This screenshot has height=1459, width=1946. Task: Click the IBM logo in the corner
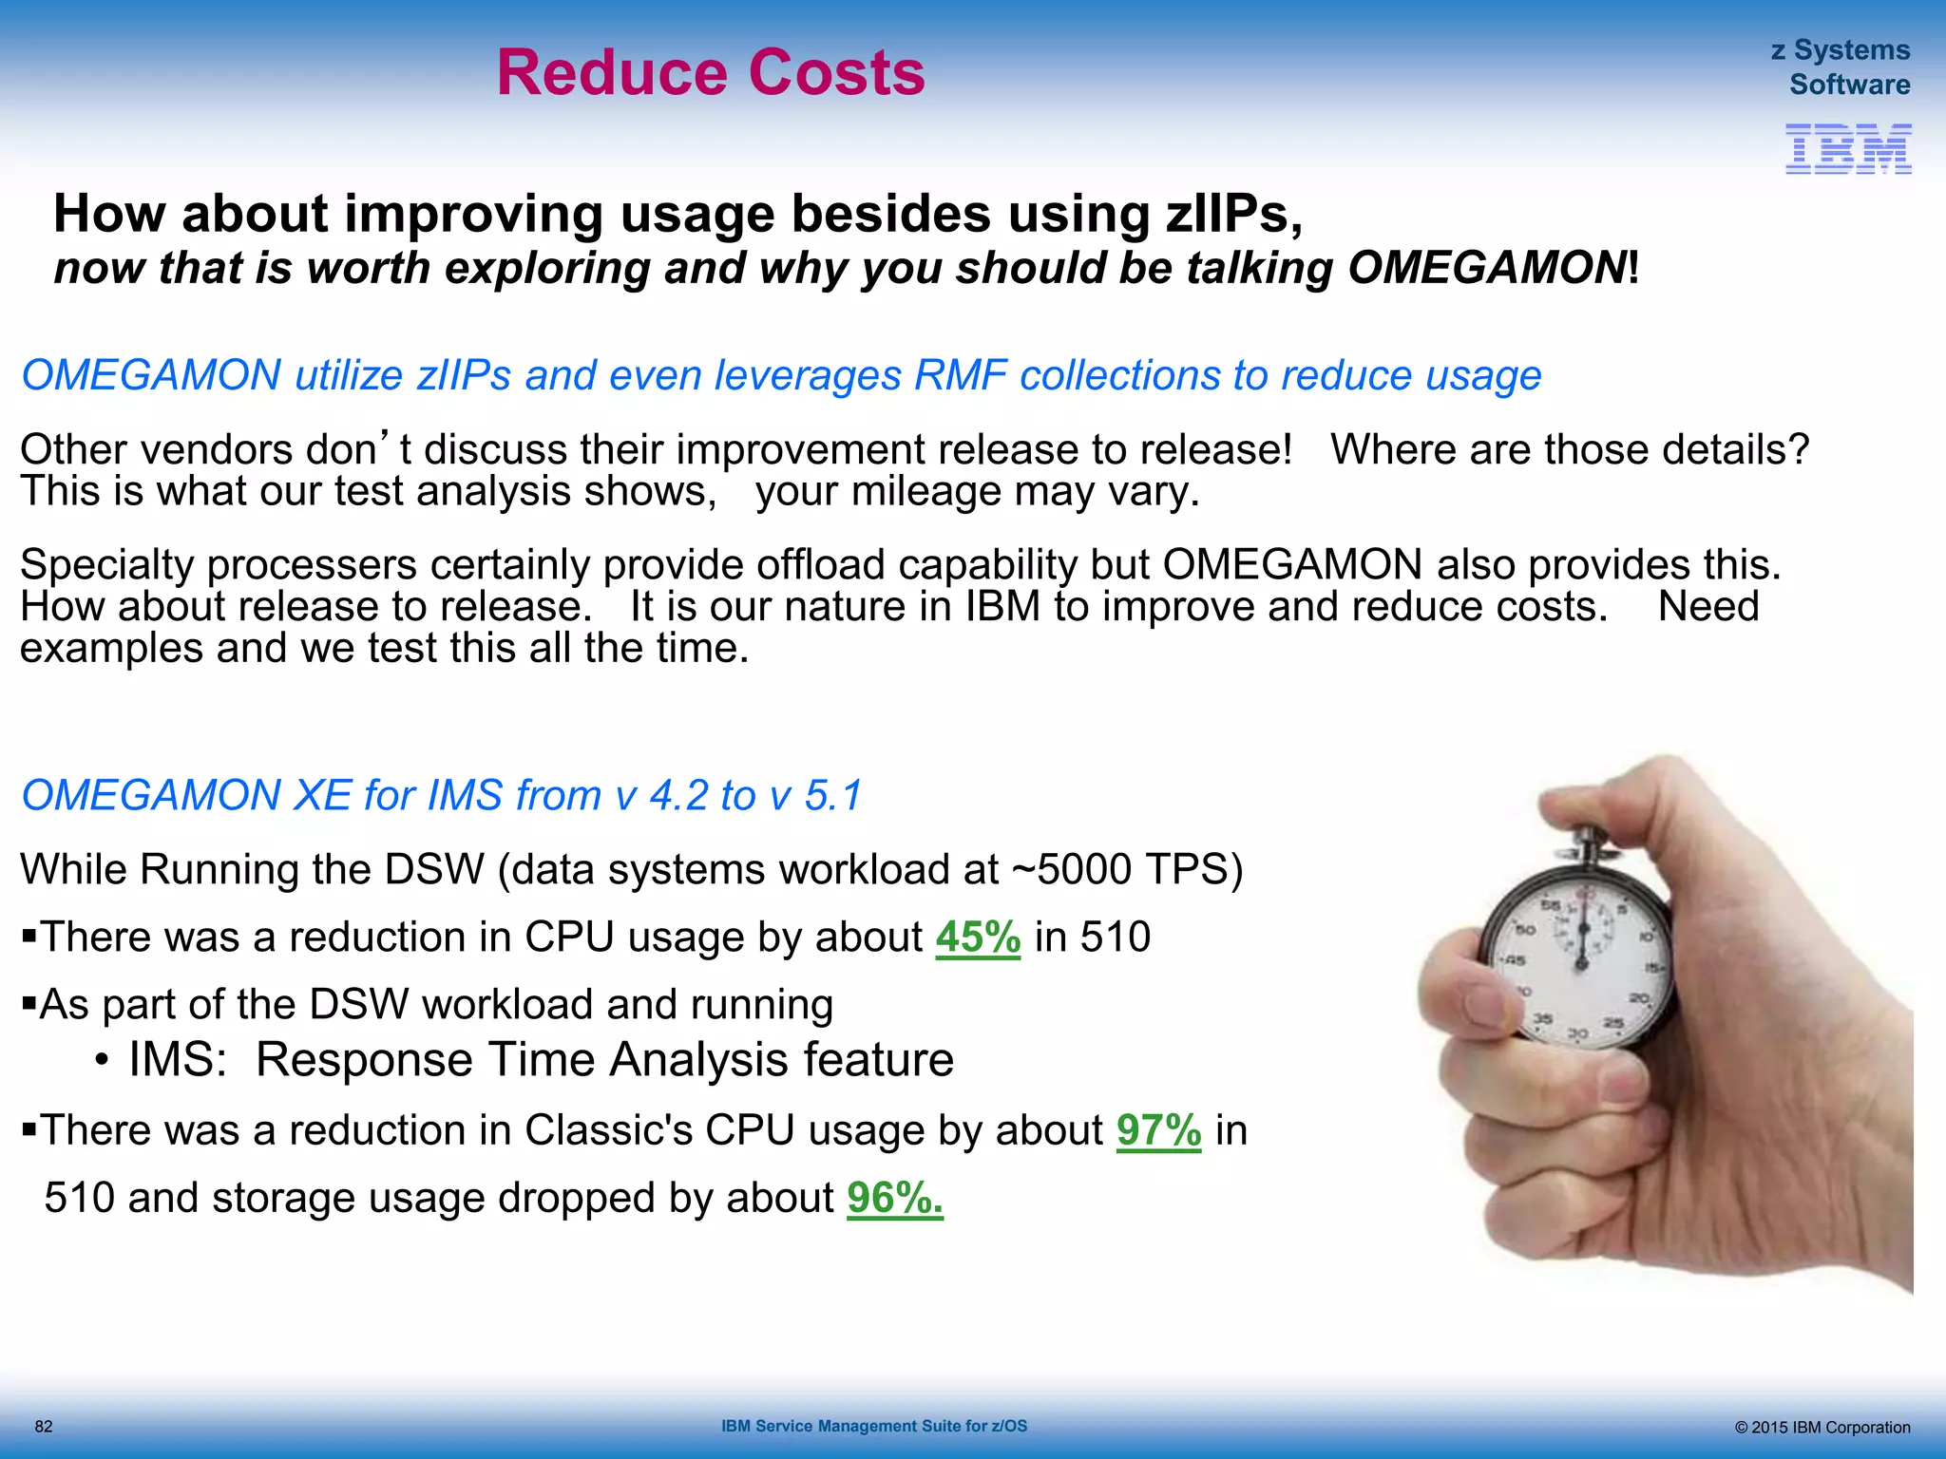(x=1847, y=149)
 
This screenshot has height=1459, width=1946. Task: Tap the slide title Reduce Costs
(x=711, y=73)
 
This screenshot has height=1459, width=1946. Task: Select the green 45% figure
(x=978, y=938)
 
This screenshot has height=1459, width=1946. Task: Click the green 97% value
(x=1158, y=1130)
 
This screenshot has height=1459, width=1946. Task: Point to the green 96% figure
(x=894, y=1198)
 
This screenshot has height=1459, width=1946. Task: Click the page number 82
(x=44, y=1427)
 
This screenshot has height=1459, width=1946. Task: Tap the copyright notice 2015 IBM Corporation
(x=1822, y=1428)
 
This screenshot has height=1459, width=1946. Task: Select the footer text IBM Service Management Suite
(x=873, y=1426)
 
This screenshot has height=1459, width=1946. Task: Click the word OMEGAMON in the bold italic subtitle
(x=1486, y=268)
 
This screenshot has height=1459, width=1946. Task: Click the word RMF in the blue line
(x=960, y=376)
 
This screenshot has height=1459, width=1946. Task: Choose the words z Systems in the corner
(x=1840, y=49)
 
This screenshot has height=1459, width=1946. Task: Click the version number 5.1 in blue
(x=832, y=796)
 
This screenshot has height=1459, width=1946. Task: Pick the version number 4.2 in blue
(x=678, y=796)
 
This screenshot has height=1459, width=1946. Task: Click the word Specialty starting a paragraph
(x=106, y=565)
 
